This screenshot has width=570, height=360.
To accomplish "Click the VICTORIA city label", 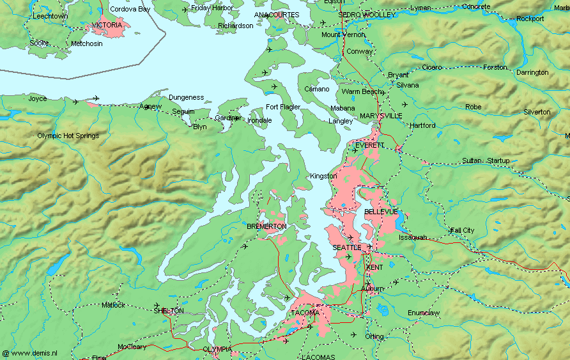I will pyautogui.click(x=107, y=25).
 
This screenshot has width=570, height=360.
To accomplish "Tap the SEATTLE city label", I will pyautogui.click(x=346, y=247).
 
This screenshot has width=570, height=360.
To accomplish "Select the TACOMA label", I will pyautogui.click(x=305, y=313).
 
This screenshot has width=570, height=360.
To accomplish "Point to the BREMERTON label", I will pyautogui.click(x=266, y=226).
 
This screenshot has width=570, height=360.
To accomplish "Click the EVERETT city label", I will pyautogui.click(x=369, y=145).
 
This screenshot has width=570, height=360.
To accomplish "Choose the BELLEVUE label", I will pyautogui.click(x=381, y=211).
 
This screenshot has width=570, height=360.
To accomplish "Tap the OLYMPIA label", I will pyautogui.click(x=216, y=349).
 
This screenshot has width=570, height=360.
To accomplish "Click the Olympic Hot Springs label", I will pyautogui.click(x=68, y=136).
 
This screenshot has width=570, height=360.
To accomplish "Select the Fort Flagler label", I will pyautogui.click(x=283, y=107).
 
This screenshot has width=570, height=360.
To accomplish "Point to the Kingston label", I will pyautogui.click(x=323, y=176).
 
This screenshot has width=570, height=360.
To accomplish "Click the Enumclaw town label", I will pyautogui.click(x=424, y=313).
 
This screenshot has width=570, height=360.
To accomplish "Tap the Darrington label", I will pyautogui.click(x=532, y=72).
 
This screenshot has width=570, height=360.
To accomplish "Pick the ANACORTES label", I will pyautogui.click(x=277, y=15).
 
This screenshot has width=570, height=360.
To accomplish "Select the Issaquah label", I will pyautogui.click(x=413, y=237).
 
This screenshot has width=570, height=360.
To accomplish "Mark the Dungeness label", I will pyautogui.click(x=186, y=97).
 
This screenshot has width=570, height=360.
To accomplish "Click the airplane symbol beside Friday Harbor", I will pyautogui.click(x=185, y=9).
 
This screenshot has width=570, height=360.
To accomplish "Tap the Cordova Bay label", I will pyautogui.click(x=130, y=9).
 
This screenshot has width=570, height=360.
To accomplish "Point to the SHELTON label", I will pyautogui.click(x=169, y=310).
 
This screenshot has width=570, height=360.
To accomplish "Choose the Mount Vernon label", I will pyautogui.click(x=343, y=35).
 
